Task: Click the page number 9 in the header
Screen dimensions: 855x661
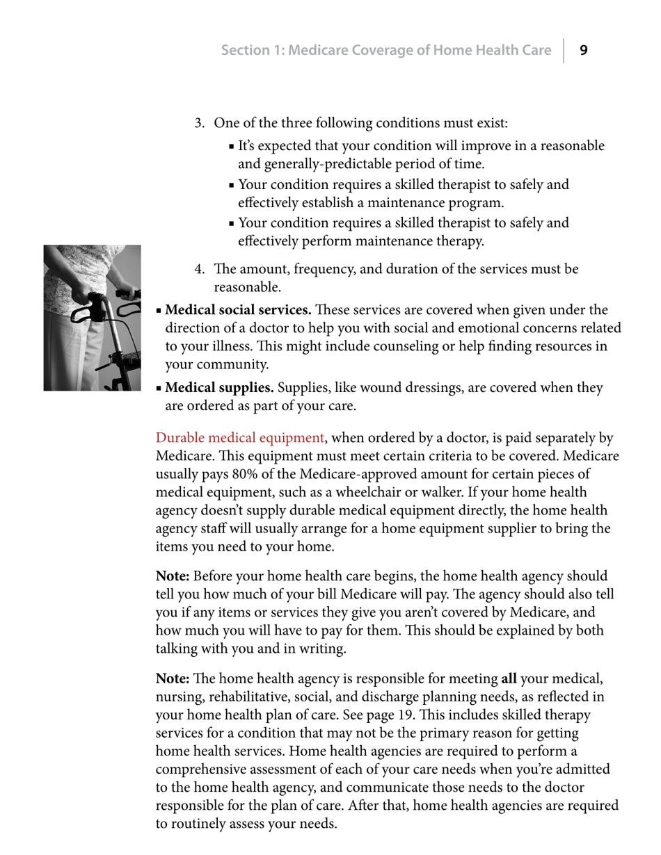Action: click(584, 50)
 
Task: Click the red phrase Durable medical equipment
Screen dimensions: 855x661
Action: click(239, 438)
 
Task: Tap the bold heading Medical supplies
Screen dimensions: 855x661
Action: click(220, 387)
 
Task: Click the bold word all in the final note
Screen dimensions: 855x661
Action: click(509, 678)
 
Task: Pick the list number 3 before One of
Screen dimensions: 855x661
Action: click(199, 124)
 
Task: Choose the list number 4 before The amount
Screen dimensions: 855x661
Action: click(199, 269)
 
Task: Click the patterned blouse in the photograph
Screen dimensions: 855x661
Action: click(77, 268)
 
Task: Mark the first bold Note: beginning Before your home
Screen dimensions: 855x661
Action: click(173, 576)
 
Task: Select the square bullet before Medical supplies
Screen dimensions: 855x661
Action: click(159, 388)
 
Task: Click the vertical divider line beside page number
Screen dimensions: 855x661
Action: click(564, 50)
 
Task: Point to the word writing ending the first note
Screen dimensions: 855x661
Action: click(320, 649)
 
